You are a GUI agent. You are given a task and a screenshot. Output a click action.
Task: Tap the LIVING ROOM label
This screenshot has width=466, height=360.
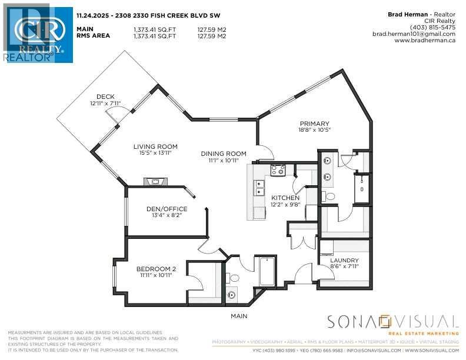155,146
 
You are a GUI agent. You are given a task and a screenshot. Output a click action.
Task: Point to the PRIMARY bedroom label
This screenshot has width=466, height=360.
316,124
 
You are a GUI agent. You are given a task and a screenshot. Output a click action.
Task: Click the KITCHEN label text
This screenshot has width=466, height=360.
285,198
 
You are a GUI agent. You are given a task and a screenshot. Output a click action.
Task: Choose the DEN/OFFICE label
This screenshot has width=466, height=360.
167,209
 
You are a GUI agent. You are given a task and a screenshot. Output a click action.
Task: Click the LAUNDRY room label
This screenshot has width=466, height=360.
344,261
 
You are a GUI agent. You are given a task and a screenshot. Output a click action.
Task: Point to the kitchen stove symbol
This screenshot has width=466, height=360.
278,171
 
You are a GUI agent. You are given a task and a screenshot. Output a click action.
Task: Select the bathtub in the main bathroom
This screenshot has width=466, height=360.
267,272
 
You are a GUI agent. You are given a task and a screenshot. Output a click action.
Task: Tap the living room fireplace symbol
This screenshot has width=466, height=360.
155,181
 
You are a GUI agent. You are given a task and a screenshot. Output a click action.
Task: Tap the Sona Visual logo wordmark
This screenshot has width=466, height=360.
392,322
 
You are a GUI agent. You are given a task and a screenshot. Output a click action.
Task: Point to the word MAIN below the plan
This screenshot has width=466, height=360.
239,316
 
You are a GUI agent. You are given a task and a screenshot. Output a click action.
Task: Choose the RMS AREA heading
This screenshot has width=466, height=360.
94,35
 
